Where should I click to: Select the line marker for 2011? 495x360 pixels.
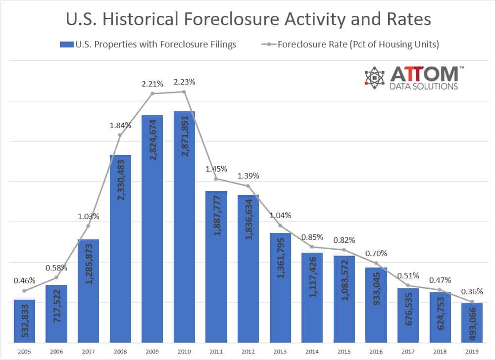216,179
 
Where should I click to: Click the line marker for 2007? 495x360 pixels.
88,226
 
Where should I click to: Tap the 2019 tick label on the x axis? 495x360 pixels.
472,352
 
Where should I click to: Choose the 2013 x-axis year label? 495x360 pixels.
280,352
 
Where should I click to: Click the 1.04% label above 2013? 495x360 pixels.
280,215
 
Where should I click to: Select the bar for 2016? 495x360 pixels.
376,305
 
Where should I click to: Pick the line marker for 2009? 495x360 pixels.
152,93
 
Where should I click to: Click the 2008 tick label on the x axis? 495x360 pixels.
120,352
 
